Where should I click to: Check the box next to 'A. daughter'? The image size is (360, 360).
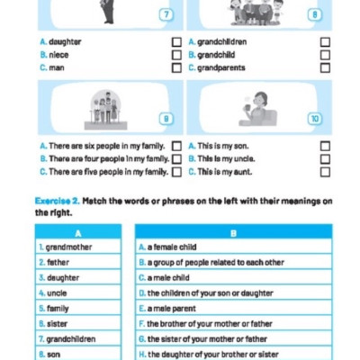coord(176,42)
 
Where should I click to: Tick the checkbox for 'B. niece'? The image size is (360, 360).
coord(176,55)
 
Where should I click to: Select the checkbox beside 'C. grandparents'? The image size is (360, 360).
coord(325,67)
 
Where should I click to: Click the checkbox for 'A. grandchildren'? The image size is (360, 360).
coord(325,42)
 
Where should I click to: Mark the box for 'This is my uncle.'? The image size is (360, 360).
coord(325,158)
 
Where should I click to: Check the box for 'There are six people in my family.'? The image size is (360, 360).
coord(176,146)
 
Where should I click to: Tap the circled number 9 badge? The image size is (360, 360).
coord(165,118)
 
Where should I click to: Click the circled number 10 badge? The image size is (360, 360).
coord(313,118)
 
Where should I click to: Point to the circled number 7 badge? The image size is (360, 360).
coord(165,14)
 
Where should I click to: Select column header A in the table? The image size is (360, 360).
coord(78,232)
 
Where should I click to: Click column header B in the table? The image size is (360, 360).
coord(233,232)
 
